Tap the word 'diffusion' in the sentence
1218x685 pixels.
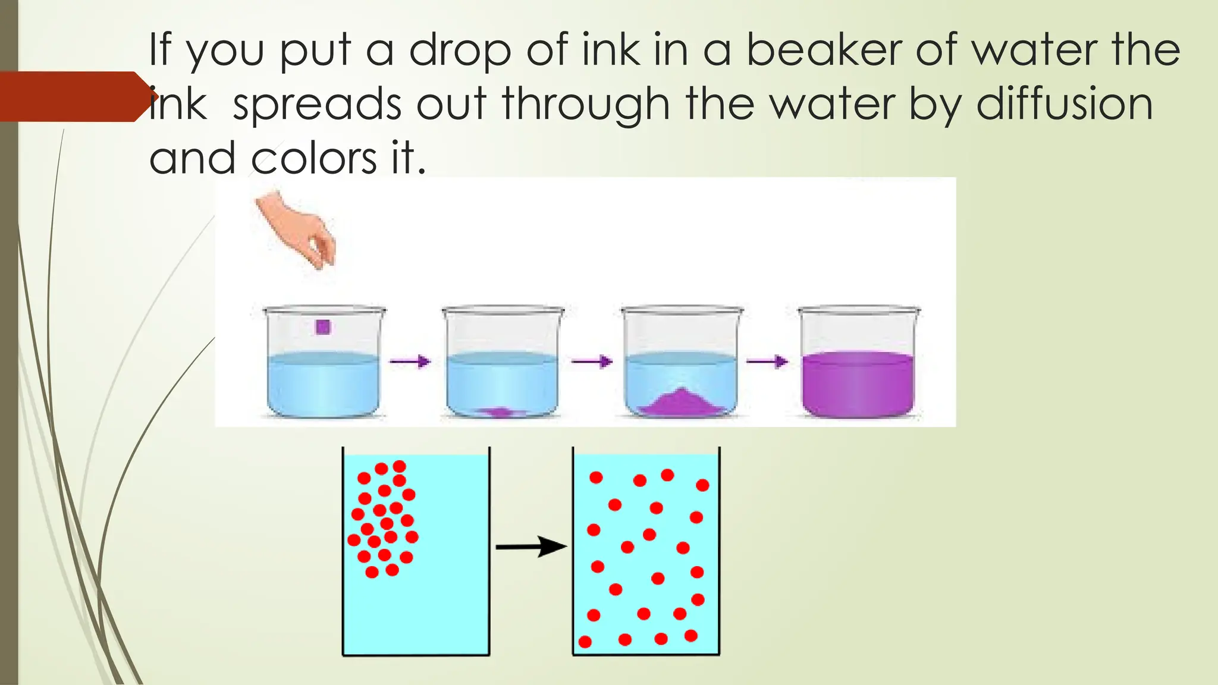pyautogui.click(x=1065, y=104)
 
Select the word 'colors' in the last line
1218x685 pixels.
pyautogui.click(x=313, y=158)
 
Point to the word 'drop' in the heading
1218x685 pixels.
pyautogui.click(x=460, y=52)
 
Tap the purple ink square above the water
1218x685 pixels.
pyautogui.click(x=323, y=327)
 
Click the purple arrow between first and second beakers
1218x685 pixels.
pyautogui.click(x=410, y=361)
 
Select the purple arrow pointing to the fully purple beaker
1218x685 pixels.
pyautogui.click(x=767, y=361)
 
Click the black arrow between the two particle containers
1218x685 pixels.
pyautogui.click(x=530, y=546)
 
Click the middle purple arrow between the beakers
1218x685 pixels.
pyautogui.click(x=592, y=361)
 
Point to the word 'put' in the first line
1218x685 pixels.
pyautogui.click(x=316, y=52)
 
